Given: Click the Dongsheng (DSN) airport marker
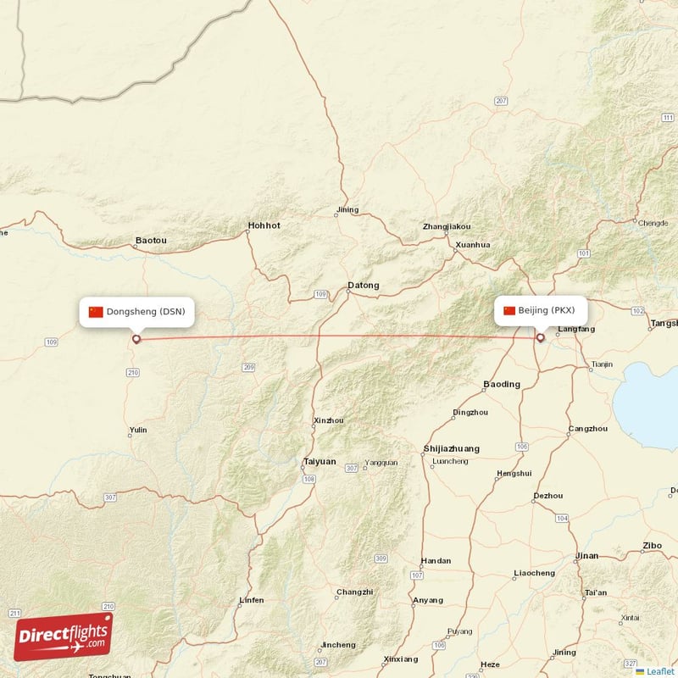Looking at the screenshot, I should click(136, 340).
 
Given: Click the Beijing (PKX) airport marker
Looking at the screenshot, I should click(540, 338).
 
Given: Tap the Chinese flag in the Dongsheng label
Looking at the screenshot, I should click(96, 312).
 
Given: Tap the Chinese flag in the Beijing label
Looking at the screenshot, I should click(509, 310).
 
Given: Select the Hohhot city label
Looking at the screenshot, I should click(264, 225).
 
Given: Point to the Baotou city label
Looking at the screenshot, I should click(151, 242).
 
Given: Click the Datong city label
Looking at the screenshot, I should click(364, 286).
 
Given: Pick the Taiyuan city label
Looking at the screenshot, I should click(320, 462).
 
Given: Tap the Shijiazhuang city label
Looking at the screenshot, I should click(451, 448).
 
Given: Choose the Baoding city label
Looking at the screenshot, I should click(502, 384).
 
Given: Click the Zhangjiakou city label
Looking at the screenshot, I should click(447, 227).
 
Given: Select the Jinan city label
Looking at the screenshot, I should click(586, 556).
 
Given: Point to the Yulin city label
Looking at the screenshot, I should click(138, 431).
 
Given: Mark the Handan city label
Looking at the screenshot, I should click(436, 561).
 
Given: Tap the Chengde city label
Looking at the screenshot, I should click(653, 224).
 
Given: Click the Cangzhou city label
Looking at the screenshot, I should click(588, 429).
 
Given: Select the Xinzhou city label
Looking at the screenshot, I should click(329, 420).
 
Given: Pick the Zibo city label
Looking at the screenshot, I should click(653, 545).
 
